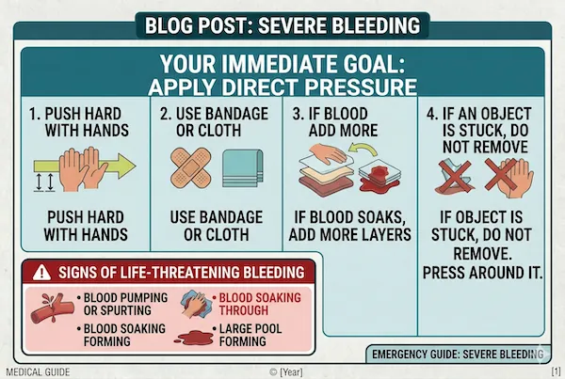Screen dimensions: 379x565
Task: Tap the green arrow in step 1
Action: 121,167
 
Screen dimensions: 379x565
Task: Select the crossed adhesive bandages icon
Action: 194,167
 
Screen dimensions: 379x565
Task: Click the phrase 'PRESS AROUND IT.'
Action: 482,276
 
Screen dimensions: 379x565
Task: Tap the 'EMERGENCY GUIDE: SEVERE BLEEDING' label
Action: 457,355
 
